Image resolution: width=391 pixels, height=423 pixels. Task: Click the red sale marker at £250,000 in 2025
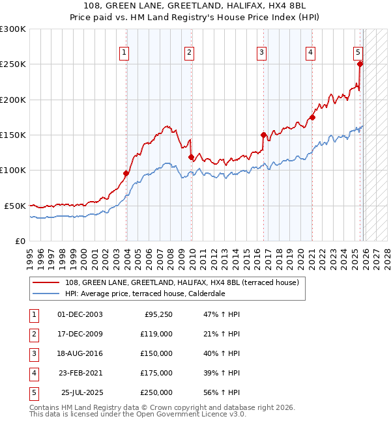360,64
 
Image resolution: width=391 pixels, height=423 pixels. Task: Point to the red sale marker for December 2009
191,157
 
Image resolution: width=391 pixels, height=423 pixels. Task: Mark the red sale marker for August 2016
264,135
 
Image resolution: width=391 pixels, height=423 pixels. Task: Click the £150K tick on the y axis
13,135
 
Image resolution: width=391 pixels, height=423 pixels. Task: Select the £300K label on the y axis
13,30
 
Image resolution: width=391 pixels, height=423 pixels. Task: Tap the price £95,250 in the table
158,314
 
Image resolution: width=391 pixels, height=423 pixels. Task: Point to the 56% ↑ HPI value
222,392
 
